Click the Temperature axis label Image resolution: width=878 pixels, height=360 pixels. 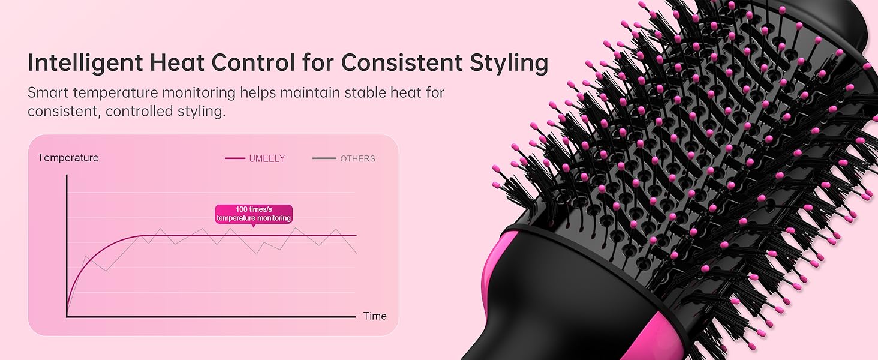pos(68,158)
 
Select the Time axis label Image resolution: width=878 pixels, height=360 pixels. pos(375,316)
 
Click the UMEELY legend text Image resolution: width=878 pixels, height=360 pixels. pos(267,158)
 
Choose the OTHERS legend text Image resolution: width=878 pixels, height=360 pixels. pos(357,158)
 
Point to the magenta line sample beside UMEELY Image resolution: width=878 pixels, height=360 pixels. pos(235,158)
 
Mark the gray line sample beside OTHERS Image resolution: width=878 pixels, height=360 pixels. pos(324,158)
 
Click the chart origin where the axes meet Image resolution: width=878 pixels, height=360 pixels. pos(67,316)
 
